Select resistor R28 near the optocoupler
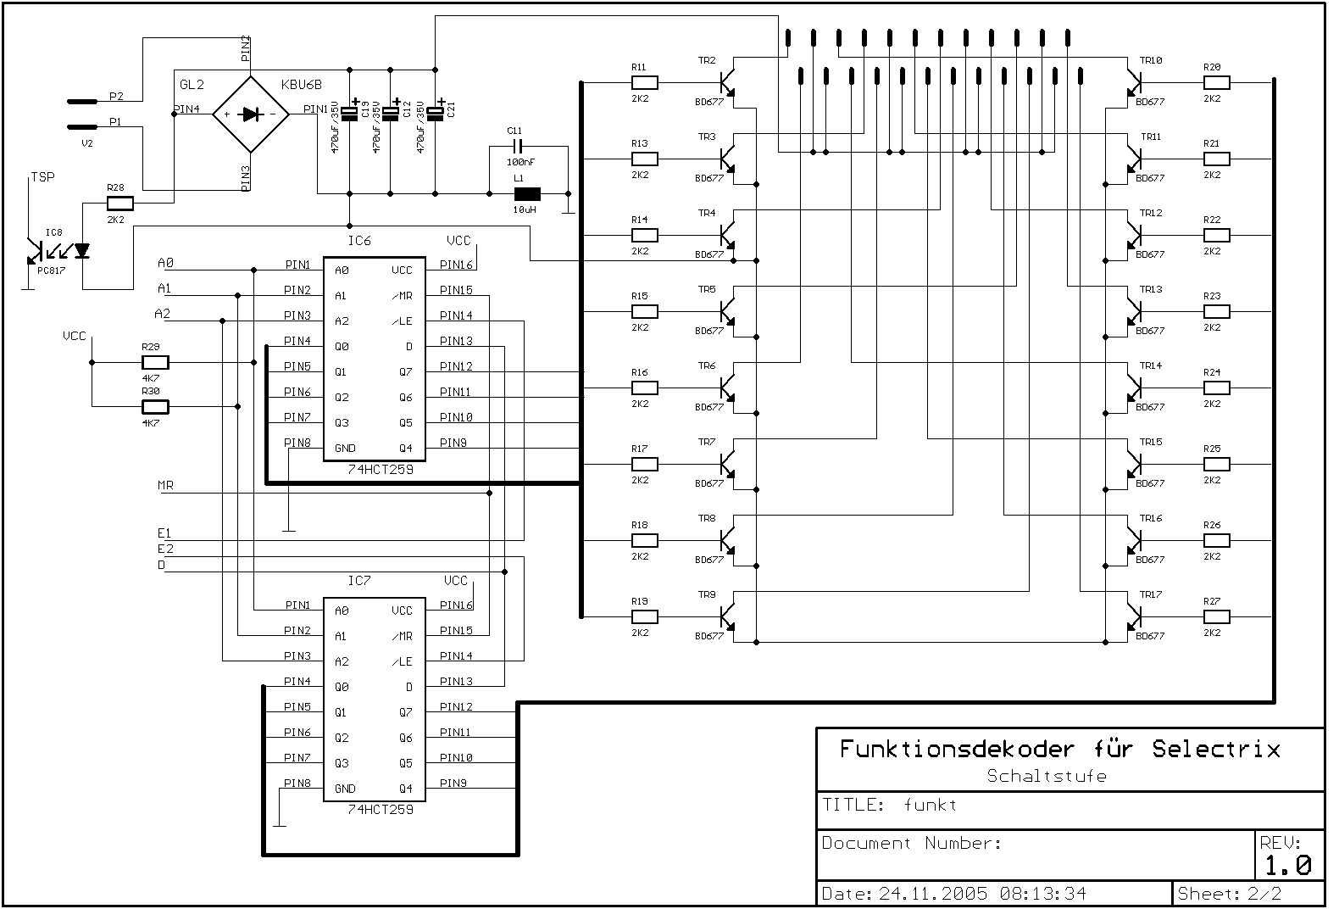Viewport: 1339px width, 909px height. pyautogui.click(x=120, y=204)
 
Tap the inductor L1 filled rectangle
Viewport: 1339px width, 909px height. pyautogui.click(x=527, y=194)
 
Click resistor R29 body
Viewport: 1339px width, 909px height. pyautogui.click(x=155, y=362)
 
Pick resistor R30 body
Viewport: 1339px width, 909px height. pyautogui.click(x=155, y=407)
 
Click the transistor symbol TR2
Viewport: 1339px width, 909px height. pyautogui.click(x=727, y=82)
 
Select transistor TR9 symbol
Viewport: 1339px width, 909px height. pyautogui.click(x=727, y=616)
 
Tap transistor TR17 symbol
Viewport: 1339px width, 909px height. pyautogui.click(x=1134, y=616)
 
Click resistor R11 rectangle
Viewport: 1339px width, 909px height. pyautogui.click(x=645, y=82)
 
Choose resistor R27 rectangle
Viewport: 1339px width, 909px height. pyautogui.click(x=1216, y=616)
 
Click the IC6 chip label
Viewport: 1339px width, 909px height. pyautogui.click(x=359, y=241)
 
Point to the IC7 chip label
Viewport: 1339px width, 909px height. pyautogui.click(x=359, y=581)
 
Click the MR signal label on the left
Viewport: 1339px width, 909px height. pyautogui.click(x=165, y=485)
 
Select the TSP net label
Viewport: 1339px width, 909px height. pyautogui.click(x=43, y=177)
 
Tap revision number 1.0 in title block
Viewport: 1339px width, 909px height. pyautogui.click(x=1287, y=865)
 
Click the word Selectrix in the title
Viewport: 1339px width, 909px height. pyautogui.click(x=1216, y=749)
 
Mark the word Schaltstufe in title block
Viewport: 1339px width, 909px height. pyautogui.click(x=1047, y=776)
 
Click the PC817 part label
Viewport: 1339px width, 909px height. pyautogui.click(x=52, y=270)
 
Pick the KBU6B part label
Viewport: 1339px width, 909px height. pyautogui.click(x=302, y=85)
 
